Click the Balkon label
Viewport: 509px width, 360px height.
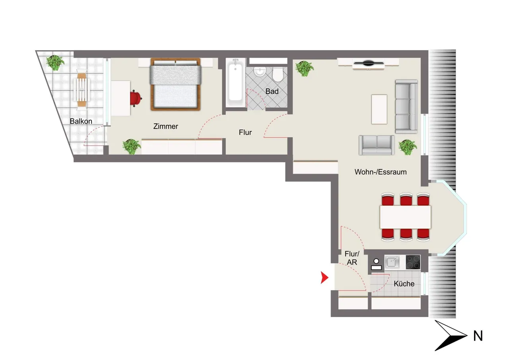pos(81,121)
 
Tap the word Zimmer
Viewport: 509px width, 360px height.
pos(166,126)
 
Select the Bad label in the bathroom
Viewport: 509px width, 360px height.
pos(272,91)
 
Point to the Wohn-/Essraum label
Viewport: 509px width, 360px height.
pos(381,172)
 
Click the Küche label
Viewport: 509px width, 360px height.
pos(404,284)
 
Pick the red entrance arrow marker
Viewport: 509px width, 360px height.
pos(324,278)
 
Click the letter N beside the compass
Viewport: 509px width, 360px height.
pos(478,336)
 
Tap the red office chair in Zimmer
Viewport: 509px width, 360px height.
pos(136,98)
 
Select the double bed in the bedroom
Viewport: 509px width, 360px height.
pos(176,84)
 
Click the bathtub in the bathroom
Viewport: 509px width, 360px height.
pos(235,83)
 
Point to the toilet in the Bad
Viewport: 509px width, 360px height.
pos(277,74)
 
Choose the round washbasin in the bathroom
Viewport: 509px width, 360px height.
pos(260,72)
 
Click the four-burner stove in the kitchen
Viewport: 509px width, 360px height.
pos(413,262)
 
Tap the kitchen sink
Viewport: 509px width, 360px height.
pos(392,262)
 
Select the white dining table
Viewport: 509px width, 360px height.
pos(405,217)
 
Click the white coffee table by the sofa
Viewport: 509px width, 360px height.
pos(379,109)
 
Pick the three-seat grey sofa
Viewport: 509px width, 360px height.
pos(406,107)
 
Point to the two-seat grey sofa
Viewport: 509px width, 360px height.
pos(377,145)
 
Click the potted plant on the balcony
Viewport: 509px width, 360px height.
pos(55,62)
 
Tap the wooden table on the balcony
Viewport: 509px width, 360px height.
pos(82,90)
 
